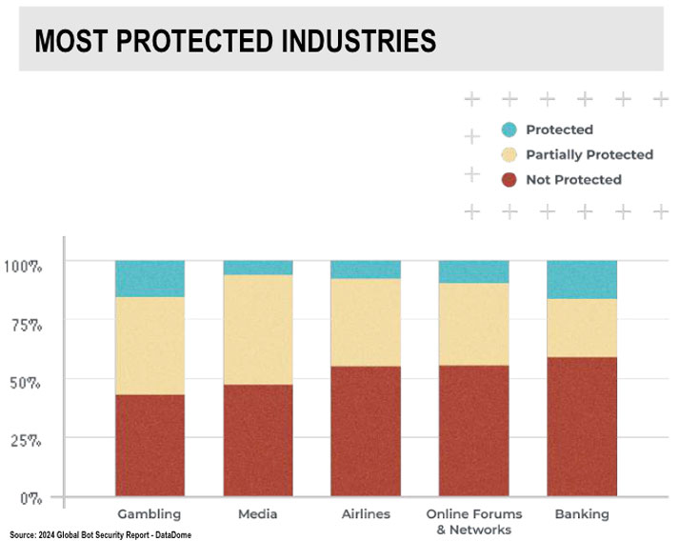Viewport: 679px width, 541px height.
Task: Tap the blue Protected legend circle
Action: coord(509,130)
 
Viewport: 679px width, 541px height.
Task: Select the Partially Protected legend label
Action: coord(589,154)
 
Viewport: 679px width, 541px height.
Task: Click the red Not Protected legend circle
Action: coord(509,179)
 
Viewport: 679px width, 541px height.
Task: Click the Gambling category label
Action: coord(150,514)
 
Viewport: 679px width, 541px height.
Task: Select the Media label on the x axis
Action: coord(258,514)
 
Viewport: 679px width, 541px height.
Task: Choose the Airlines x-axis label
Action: coord(366,514)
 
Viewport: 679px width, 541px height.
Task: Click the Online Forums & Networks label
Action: coord(473,521)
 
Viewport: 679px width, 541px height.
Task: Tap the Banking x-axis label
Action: coord(582,514)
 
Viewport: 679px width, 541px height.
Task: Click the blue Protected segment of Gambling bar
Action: coord(150,279)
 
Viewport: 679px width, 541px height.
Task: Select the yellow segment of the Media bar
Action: coord(258,330)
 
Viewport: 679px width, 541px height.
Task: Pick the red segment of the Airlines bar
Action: coord(366,431)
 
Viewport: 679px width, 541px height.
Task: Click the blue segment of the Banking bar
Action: coord(582,280)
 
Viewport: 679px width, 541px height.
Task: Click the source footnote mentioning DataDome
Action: coord(102,534)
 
